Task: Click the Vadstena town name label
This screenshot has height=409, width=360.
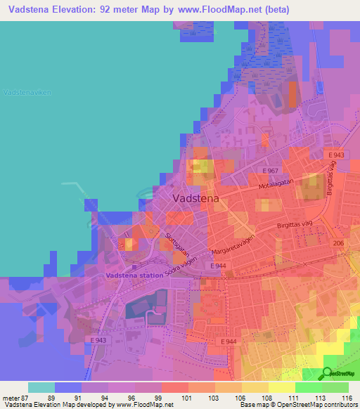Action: (x=195, y=199)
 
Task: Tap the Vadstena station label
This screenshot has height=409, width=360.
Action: (x=134, y=275)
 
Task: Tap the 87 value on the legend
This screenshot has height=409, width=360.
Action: (x=27, y=398)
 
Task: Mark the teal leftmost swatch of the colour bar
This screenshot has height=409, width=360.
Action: (x=41, y=387)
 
